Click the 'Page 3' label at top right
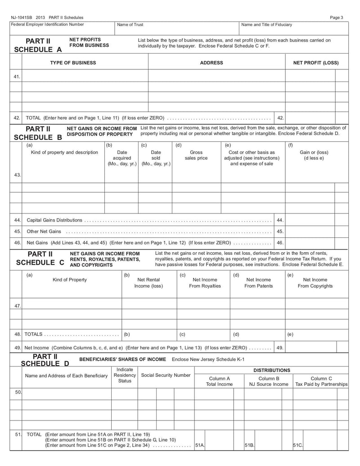(336, 18)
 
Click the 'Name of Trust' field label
(130, 25)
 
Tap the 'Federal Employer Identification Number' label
(47, 24)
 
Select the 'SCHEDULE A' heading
(38, 50)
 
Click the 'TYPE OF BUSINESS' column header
(73, 63)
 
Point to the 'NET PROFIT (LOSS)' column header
(316, 63)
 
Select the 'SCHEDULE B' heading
(38, 137)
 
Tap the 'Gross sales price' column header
(196, 155)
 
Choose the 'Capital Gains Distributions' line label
(54, 220)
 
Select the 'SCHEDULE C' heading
(40, 262)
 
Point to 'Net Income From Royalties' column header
(205, 283)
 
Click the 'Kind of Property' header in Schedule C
(70, 280)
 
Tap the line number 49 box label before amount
(280, 348)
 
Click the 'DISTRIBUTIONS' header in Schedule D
(272, 370)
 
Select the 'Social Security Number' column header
(166, 375)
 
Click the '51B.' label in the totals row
(249, 445)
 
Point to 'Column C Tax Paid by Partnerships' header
(321, 381)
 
